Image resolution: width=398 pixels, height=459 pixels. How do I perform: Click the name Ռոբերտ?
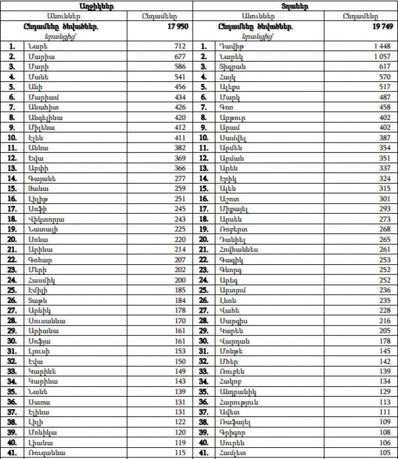pos(232,229)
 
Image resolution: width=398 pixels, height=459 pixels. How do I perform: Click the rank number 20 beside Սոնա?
pos(12,239)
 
